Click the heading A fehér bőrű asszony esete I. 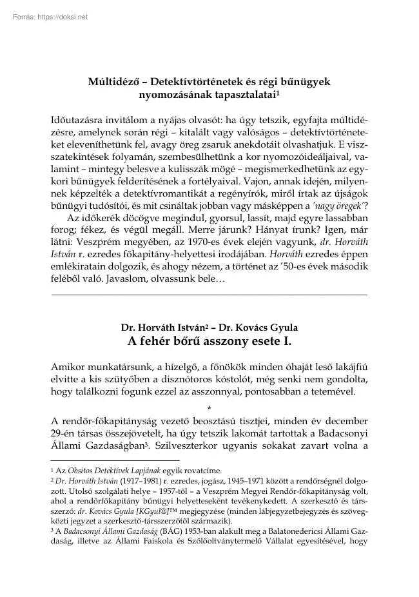coord(209,340)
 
